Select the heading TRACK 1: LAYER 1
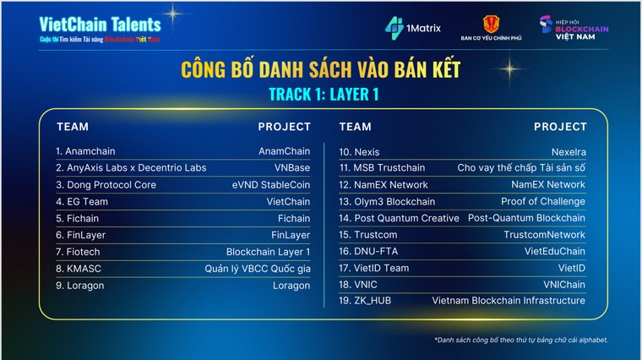point(320,94)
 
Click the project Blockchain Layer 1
point(268,251)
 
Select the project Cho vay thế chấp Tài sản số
point(521,167)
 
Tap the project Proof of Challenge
point(542,201)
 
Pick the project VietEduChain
point(553,251)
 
